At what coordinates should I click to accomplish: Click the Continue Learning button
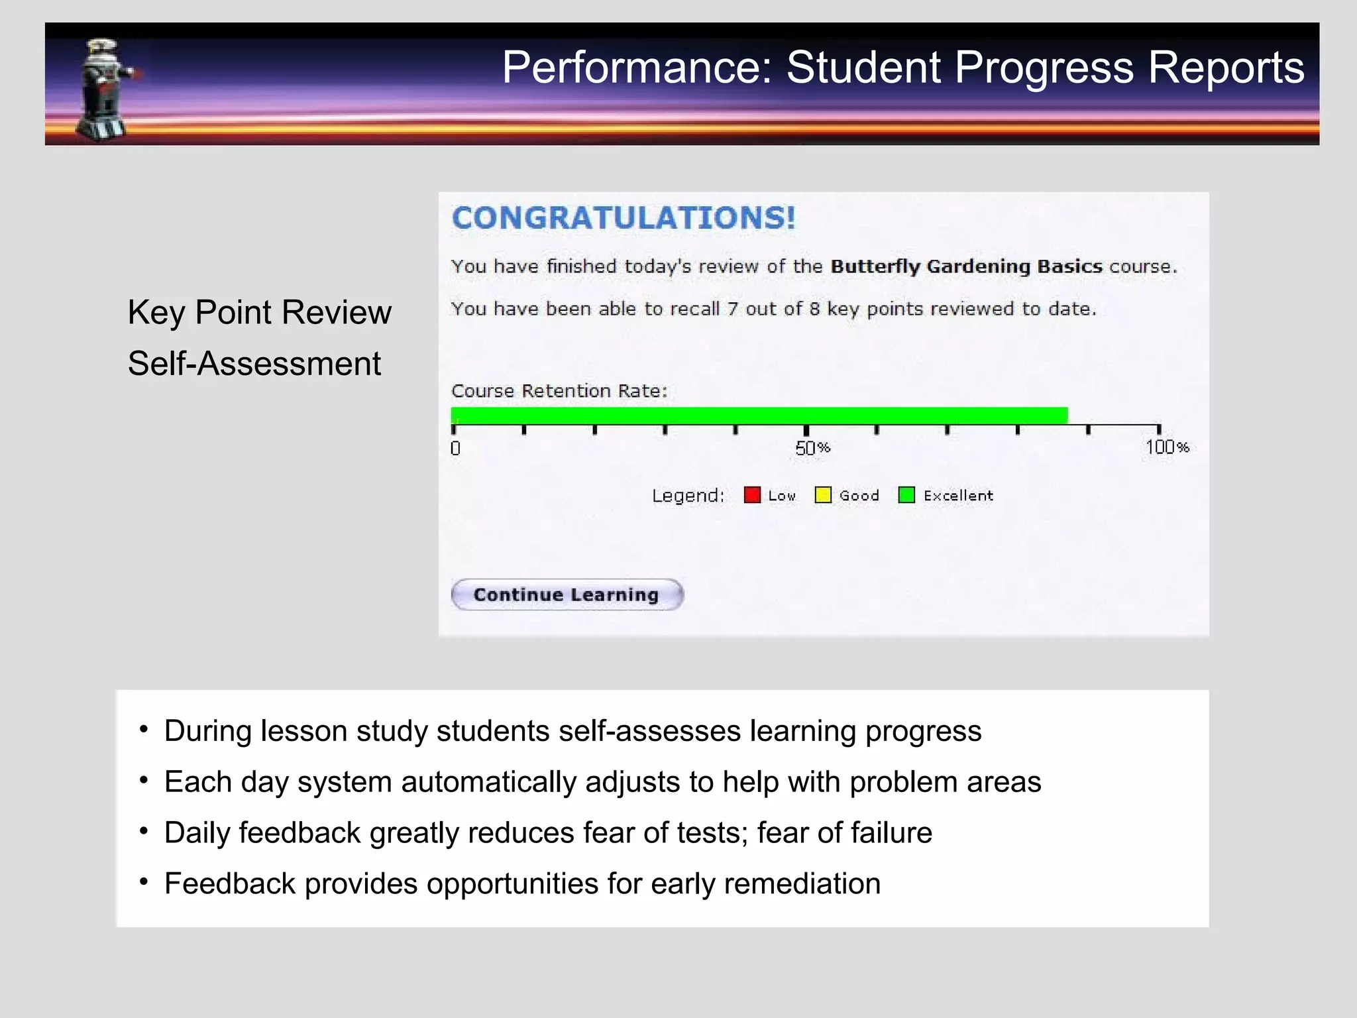tap(567, 594)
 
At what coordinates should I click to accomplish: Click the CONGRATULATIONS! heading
tap(623, 218)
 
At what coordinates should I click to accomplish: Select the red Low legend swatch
tap(752, 495)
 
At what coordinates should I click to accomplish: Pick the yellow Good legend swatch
tap(823, 495)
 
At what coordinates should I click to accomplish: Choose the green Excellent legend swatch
tap(906, 495)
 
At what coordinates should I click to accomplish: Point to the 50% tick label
tap(812, 449)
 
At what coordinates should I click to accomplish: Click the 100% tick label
tap(1167, 447)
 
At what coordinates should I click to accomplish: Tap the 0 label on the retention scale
tap(455, 449)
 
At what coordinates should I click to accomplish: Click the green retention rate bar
tap(759, 416)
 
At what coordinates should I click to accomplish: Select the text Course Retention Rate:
tap(559, 391)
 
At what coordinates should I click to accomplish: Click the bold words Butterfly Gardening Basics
tap(966, 266)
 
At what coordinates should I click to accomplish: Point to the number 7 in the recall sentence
tap(732, 309)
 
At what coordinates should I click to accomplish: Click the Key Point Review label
tap(259, 312)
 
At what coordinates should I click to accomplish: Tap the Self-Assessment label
tap(254, 364)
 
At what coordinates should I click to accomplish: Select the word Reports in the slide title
tap(1226, 68)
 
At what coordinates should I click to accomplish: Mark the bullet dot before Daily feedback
tap(143, 831)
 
